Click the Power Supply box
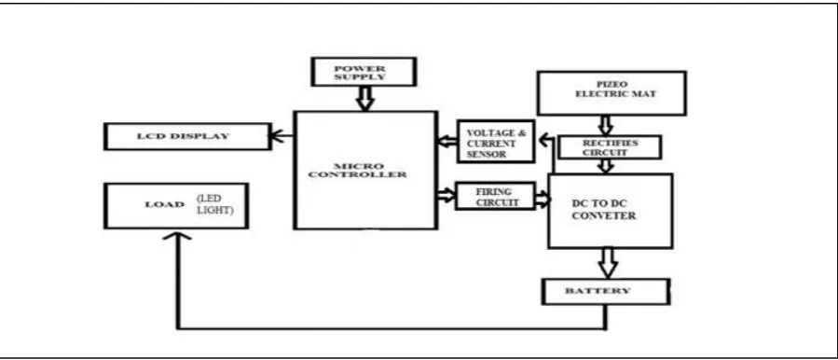[364, 72]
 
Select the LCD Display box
[187, 136]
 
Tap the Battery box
[606, 292]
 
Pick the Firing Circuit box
[495, 196]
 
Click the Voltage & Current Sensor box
[496, 141]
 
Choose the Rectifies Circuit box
[610, 147]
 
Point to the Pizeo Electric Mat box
[611, 93]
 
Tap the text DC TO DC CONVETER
[604, 210]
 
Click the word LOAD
[165, 204]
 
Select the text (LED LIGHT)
[214, 205]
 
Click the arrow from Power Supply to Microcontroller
[365, 99]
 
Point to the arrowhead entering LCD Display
[276, 136]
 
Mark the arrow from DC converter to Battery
[608, 263]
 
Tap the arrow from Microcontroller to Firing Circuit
[446, 195]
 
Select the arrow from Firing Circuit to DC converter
[543, 200]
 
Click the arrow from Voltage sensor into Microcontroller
[447, 142]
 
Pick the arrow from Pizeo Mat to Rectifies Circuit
[606, 125]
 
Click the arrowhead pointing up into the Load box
[176, 237]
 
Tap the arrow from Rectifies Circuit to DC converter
[605, 166]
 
